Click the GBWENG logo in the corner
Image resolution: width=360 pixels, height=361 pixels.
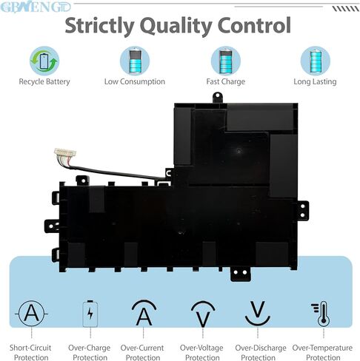tap(36, 7)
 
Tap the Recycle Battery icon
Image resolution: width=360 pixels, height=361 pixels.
tap(44, 61)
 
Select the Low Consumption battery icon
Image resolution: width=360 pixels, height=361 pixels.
tap(135, 61)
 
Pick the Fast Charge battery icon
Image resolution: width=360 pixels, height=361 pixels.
tap(226, 61)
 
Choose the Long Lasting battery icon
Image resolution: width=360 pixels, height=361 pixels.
tap(316, 61)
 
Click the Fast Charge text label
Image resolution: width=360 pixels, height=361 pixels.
tap(226, 81)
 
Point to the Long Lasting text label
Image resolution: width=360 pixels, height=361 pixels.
tap(315, 81)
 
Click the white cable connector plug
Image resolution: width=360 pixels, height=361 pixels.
tap(65, 153)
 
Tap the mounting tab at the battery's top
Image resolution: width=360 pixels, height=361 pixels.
tap(218, 98)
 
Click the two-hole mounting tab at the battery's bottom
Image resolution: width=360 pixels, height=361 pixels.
tap(240, 274)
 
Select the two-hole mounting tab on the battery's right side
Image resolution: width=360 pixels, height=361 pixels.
tap(303, 210)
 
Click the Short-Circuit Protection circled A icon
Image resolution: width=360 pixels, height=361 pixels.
tap(31, 314)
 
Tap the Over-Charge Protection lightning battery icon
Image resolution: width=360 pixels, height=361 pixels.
tap(90, 314)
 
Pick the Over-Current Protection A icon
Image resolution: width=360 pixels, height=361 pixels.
tap(144, 313)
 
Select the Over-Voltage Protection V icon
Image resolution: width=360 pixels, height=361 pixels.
tap(203, 314)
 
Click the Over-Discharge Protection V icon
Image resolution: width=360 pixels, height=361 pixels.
tap(258, 313)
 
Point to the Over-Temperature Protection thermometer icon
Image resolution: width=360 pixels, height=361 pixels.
tap(321, 314)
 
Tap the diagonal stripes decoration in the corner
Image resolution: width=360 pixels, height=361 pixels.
tap(345, 9)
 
